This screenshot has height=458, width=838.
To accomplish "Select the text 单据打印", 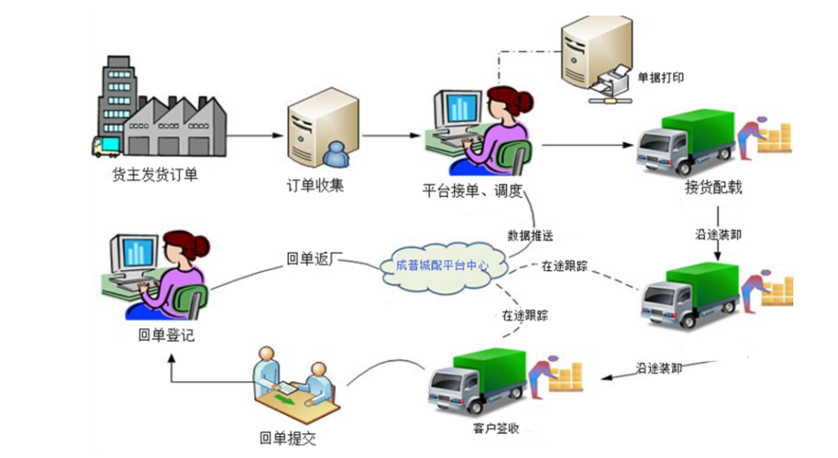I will click(661, 78).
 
